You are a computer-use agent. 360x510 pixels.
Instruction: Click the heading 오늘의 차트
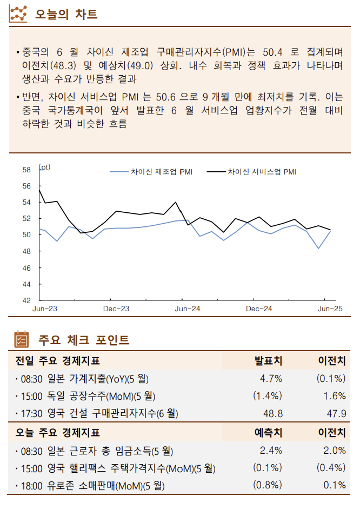[x=66, y=15]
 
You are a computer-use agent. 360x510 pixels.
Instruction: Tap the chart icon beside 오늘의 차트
[x=19, y=14]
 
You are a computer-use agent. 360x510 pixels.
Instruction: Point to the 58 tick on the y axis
[x=26, y=170]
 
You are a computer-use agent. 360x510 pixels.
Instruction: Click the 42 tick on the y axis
[x=26, y=300]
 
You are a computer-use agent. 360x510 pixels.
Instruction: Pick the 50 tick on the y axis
[x=26, y=235]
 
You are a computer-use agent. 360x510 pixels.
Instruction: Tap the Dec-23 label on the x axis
[x=116, y=309]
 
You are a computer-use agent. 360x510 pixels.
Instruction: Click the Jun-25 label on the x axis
[x=330, y=309]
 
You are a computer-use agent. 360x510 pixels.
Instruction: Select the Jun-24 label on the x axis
[x=188, y=309]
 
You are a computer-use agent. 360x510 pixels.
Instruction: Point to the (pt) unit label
[x=45, y=167]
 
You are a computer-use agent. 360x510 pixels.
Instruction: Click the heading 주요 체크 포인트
[x=83, y=340]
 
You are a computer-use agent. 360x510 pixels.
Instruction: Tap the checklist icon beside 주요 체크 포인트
[x=21, y=339]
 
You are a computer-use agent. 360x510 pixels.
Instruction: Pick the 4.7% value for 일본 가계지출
[x=271, y=378]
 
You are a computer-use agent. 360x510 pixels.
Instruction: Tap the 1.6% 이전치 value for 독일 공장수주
[x=334, y=396]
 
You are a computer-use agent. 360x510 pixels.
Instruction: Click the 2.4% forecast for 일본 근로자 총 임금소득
[x=271, y=450]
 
